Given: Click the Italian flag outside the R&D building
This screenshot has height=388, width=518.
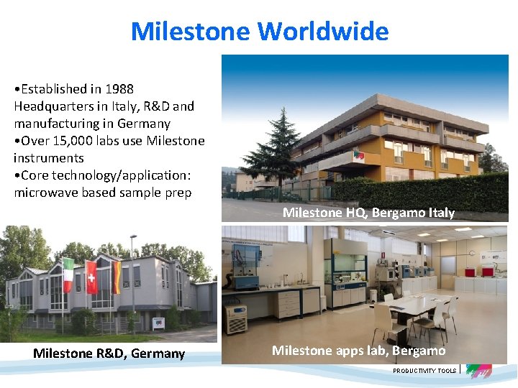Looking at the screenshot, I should pyautogui.click(x=68, y=275).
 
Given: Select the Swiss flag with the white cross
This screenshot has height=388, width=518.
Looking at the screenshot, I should pyautogui.click(x=91, y=277).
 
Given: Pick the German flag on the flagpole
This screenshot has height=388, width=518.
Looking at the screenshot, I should pyautogui.click(x=115, y=277).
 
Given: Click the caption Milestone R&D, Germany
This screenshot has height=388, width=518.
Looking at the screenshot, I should pyautogui.click(x=109, y=354).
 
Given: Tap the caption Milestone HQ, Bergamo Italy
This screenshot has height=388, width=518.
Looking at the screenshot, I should pyautogui.click(x=368, y=213).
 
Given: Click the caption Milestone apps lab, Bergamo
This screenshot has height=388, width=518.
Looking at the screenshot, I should pyautogui.click(x=358, y=351).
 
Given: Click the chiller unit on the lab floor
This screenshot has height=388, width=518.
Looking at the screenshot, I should pyautogui.click(x=237, y=318).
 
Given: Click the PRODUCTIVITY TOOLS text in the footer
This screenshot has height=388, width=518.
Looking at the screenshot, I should pyautogui.click(x=424, y=371).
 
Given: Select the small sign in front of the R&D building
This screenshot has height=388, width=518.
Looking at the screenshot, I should pyautogui.click(x=160, y=323).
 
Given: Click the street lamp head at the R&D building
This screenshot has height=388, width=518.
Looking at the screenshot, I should pyautogui.click(x=133, y=236).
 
